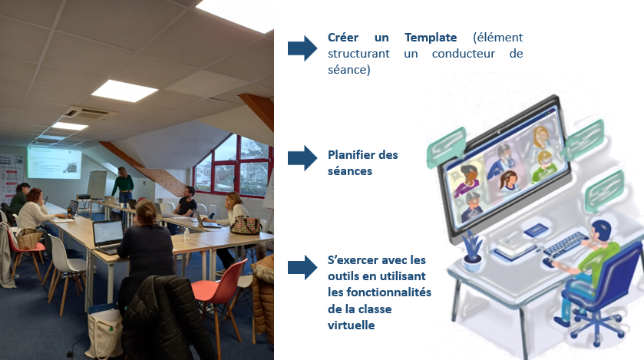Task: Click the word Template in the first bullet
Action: pos(431,38)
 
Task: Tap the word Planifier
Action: pos(351,155)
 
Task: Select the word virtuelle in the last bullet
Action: pos(351,325)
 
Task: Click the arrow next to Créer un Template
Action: pos(302,48)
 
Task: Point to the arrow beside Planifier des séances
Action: pos(302,157)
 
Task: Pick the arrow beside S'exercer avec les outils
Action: pos(302,267)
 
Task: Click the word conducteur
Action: pos(464,54)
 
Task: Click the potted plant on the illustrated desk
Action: pos(472,251)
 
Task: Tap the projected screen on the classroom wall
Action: pos(54,163)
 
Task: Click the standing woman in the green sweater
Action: pos(123,186)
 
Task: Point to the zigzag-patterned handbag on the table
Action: pos(246,226)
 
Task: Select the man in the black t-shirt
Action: pos(186,202)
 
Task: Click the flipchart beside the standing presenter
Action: pos(97,185)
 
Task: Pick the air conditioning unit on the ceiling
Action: pos(87,113)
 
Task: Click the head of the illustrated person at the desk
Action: pos(601,231)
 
